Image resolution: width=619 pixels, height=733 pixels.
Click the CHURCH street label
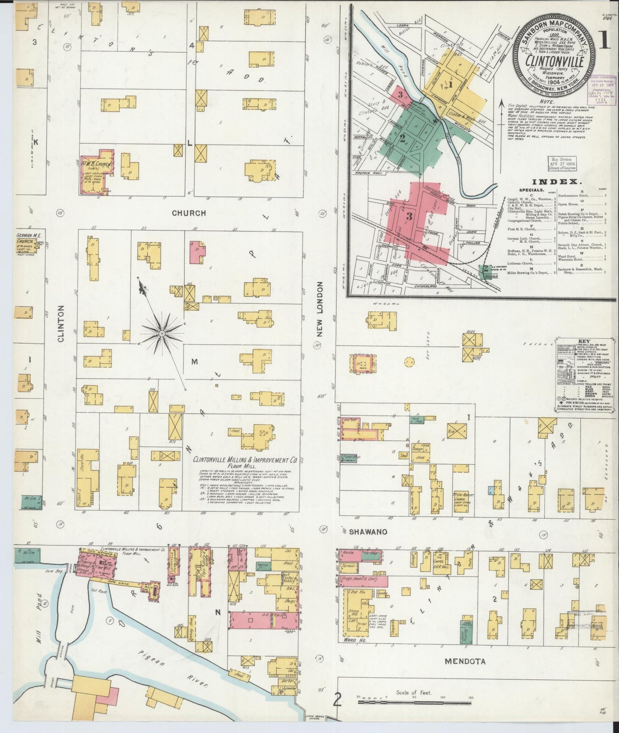[x=189, y=213]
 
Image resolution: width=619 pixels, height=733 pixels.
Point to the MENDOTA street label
[x=465, y=661]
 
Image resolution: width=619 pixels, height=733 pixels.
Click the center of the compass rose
[x=162, y=333]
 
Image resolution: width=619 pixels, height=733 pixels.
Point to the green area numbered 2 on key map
[x=403, y=138]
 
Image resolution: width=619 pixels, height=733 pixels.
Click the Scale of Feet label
[x=414, y=692]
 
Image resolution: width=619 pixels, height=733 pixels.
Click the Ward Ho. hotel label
[x=350, y=640]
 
